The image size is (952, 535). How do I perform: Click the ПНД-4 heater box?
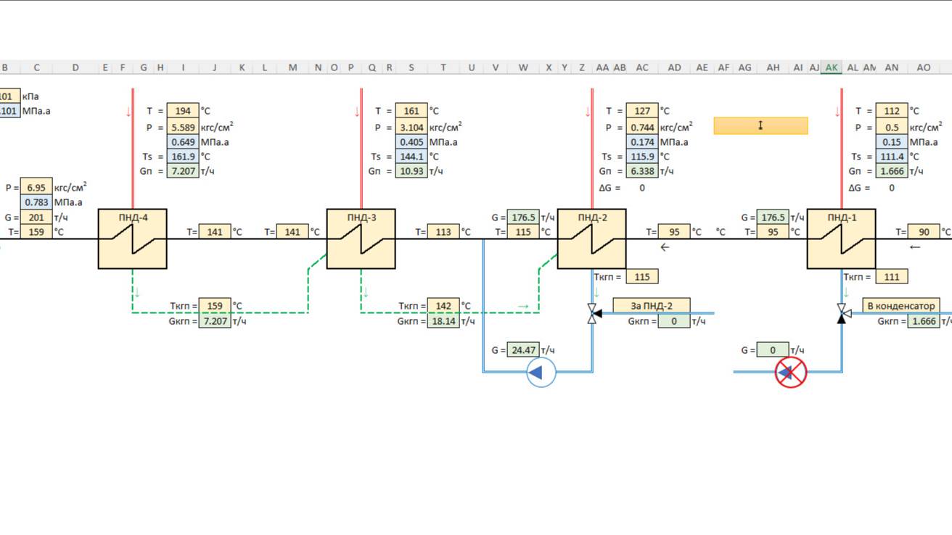(132, 239)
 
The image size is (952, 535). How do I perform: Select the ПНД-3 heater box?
(361, 239)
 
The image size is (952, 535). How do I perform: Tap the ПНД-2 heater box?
(591, 239)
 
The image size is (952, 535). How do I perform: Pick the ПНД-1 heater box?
(841, 239)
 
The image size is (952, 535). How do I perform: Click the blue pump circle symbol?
(540, 373)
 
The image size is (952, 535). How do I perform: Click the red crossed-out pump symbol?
(791, 373)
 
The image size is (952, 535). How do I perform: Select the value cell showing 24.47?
(522, 350)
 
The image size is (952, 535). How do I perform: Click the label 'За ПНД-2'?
(652, 306)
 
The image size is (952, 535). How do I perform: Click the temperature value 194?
(183, 111)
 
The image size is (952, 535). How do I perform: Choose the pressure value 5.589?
(183, 127)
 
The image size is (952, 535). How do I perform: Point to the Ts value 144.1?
(411, 157)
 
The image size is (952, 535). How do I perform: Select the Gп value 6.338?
(642, 172)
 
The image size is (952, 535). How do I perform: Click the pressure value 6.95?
(36, 187)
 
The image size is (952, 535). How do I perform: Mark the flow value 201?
(36, 217)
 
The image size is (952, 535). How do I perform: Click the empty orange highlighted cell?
(760, 126)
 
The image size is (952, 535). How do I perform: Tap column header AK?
(832, 67)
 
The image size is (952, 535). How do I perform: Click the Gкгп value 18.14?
(443, 321)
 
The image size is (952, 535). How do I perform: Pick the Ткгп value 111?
(892, 276)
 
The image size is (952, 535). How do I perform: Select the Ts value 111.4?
(892, 157)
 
